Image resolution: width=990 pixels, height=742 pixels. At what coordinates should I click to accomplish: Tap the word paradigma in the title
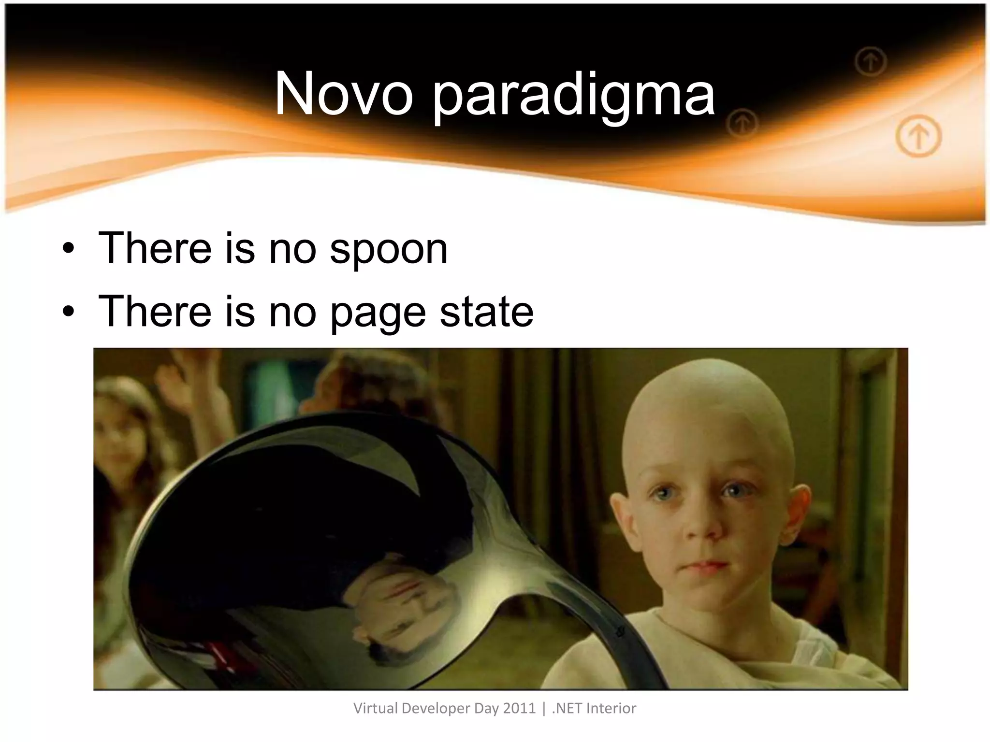tap(573, 97)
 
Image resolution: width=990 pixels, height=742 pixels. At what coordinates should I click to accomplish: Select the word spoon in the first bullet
tap(389, 250)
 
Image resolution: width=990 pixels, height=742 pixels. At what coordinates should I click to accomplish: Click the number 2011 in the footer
tap(519, 708)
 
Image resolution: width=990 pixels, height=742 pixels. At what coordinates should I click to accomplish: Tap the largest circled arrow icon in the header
tap(918, 136)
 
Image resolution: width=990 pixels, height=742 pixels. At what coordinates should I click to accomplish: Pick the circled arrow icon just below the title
tap(742, 123)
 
